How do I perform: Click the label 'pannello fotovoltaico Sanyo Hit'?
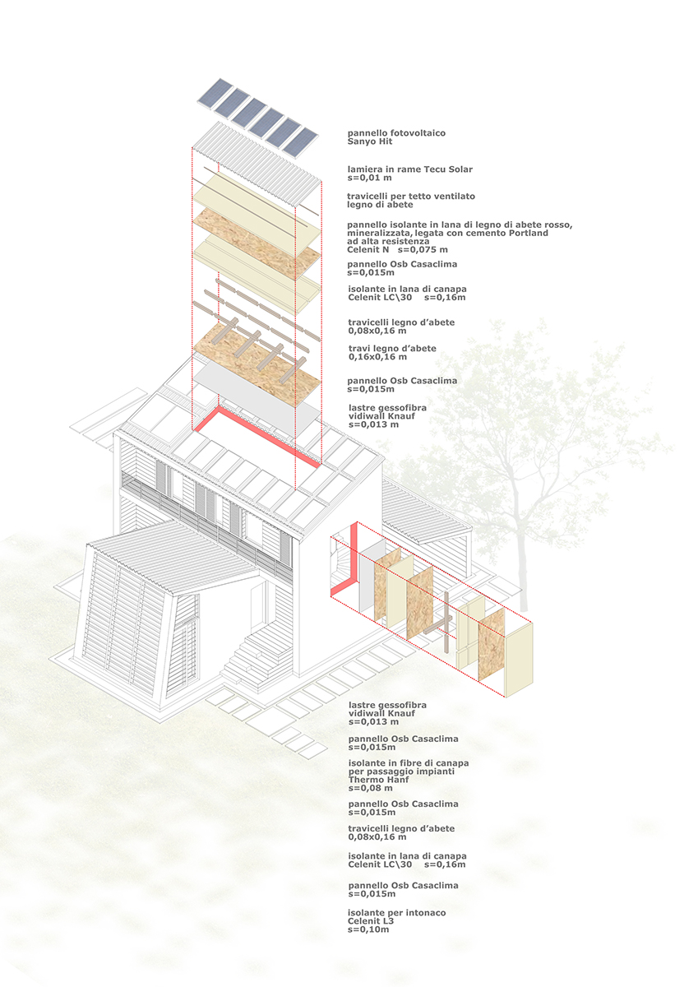tap(396, 137)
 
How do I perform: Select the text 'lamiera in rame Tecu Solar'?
tap(410, 169)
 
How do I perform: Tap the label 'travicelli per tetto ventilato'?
tap(411, 196)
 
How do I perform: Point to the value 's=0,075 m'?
tap(423, 249)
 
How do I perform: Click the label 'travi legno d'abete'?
tap(392, 348)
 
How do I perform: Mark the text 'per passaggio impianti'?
tap(401, 772)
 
